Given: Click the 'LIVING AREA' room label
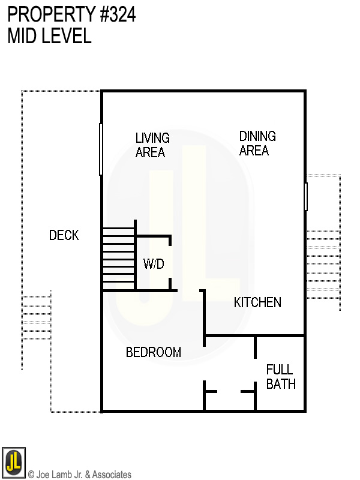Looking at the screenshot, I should click(x=152, y=145).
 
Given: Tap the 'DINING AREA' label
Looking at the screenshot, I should click(x=257, y=143).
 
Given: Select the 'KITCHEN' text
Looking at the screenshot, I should click(x=257, y=302).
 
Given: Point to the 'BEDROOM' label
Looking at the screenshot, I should click(x=154, y=352).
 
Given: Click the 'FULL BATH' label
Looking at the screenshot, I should click(x=281, y=377).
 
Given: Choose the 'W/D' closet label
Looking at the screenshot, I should click(x=154, y=264).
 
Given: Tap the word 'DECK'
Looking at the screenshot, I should click(x=64, y=235).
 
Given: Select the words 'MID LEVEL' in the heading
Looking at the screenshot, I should click(x=49, y=36).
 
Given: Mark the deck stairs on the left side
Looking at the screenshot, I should click(x=37, y=318).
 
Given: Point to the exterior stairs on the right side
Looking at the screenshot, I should click(x=323, y=264).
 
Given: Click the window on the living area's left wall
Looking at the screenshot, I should click(x=101, y=149).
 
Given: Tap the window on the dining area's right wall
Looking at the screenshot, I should click(x=306, y=196).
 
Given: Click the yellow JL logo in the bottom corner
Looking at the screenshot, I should click(x=13, y=463).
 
